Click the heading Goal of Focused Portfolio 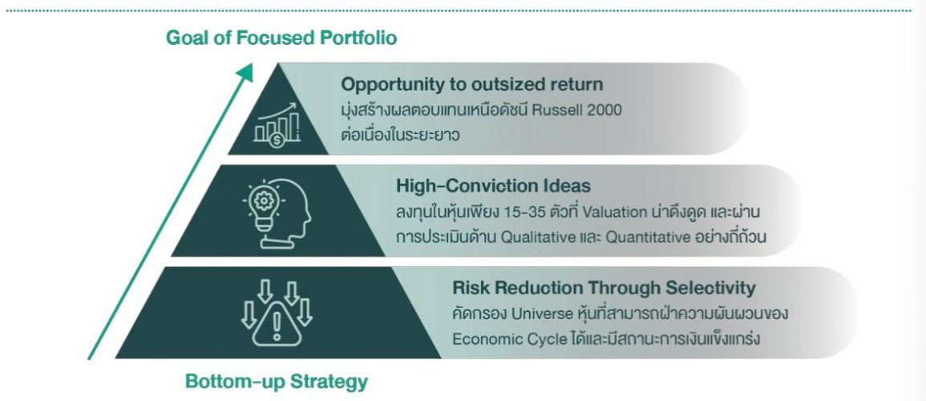pyautogui.click(x=281, y=38)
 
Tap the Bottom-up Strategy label pyautogui.click(x=276, y=381)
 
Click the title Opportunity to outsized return pyautogui.click(x=471, y=84)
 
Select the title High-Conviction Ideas pyautogui.click(x=493, y=186)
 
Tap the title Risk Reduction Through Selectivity pyautogui.click(x=604, y=287)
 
